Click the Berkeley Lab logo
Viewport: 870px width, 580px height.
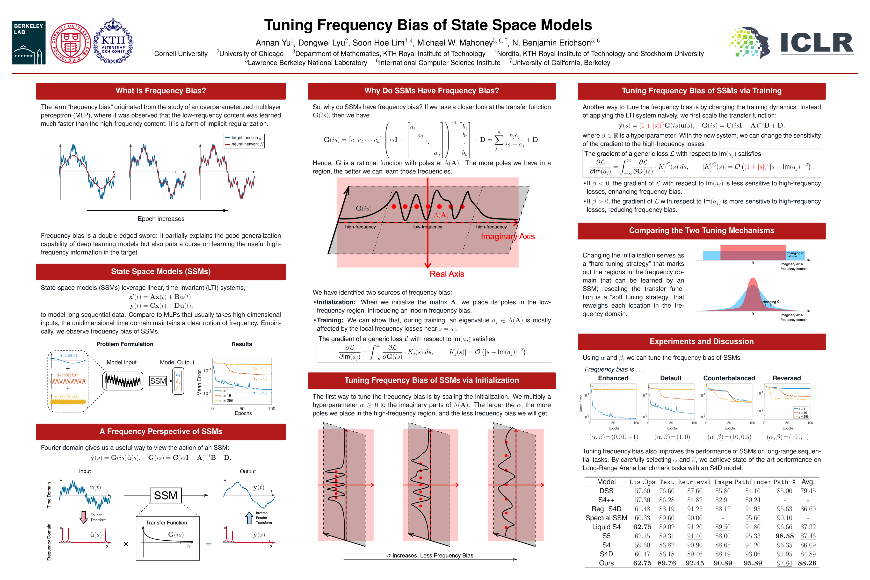point(29,43)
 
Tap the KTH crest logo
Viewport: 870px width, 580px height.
point(113,41)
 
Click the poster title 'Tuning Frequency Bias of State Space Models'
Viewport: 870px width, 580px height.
point(428,25)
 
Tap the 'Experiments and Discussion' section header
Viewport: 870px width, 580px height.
point(701,341)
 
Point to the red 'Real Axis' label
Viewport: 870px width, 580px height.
point(446,274)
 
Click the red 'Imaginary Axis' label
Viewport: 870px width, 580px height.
point(507,236)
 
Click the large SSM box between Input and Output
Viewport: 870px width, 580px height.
point(166,495)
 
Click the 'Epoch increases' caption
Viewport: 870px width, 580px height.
point(161,219)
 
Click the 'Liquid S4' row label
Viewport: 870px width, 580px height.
point(606,527)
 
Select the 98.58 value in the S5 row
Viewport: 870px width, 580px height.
point(784,536)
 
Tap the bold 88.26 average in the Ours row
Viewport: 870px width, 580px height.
point(807,563)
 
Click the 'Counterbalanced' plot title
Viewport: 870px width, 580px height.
point(729,378)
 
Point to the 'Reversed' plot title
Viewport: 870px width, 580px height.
point(786,378)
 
